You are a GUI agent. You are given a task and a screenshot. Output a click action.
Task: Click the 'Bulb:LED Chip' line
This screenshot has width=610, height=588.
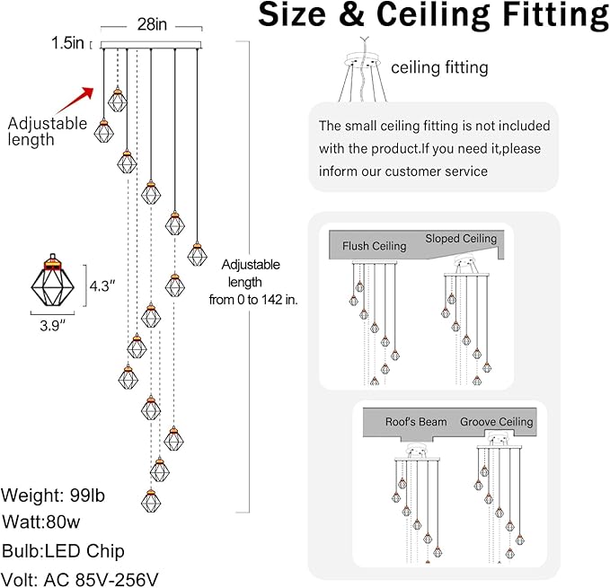(x=62, y=550)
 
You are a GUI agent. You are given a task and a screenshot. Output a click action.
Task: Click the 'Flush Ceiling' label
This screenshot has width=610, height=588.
(x=374, y=245)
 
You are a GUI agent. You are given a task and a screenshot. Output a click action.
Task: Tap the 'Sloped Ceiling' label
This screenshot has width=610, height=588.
(x=461, y=239)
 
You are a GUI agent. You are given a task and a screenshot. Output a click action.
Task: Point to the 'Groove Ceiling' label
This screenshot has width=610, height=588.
(x=496, y=422)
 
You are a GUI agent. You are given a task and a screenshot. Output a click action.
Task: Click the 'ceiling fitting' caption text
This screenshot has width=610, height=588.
(x=439, y=66)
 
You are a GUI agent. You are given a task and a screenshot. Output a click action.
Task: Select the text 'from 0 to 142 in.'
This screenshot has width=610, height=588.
(x=252, y=300)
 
